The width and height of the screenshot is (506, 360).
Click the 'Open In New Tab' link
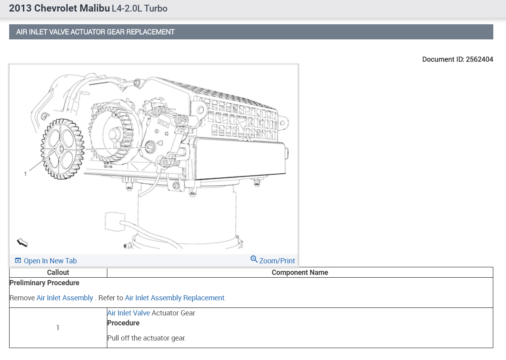[50, 261]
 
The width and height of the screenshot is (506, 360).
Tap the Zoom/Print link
[277, 261]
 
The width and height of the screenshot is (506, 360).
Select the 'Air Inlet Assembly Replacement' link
[174, 298]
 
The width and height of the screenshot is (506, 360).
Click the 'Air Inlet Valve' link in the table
[128, 313]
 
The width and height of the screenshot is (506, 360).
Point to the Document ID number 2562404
[479, 59]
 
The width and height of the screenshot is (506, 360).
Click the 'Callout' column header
[58, 272]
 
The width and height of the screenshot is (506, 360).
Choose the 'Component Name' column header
[300, 272]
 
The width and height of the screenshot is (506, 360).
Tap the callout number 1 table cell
[58, 328]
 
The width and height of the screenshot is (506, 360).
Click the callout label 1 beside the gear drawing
[25, 174]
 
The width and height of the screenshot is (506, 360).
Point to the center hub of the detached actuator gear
[61, 149]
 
